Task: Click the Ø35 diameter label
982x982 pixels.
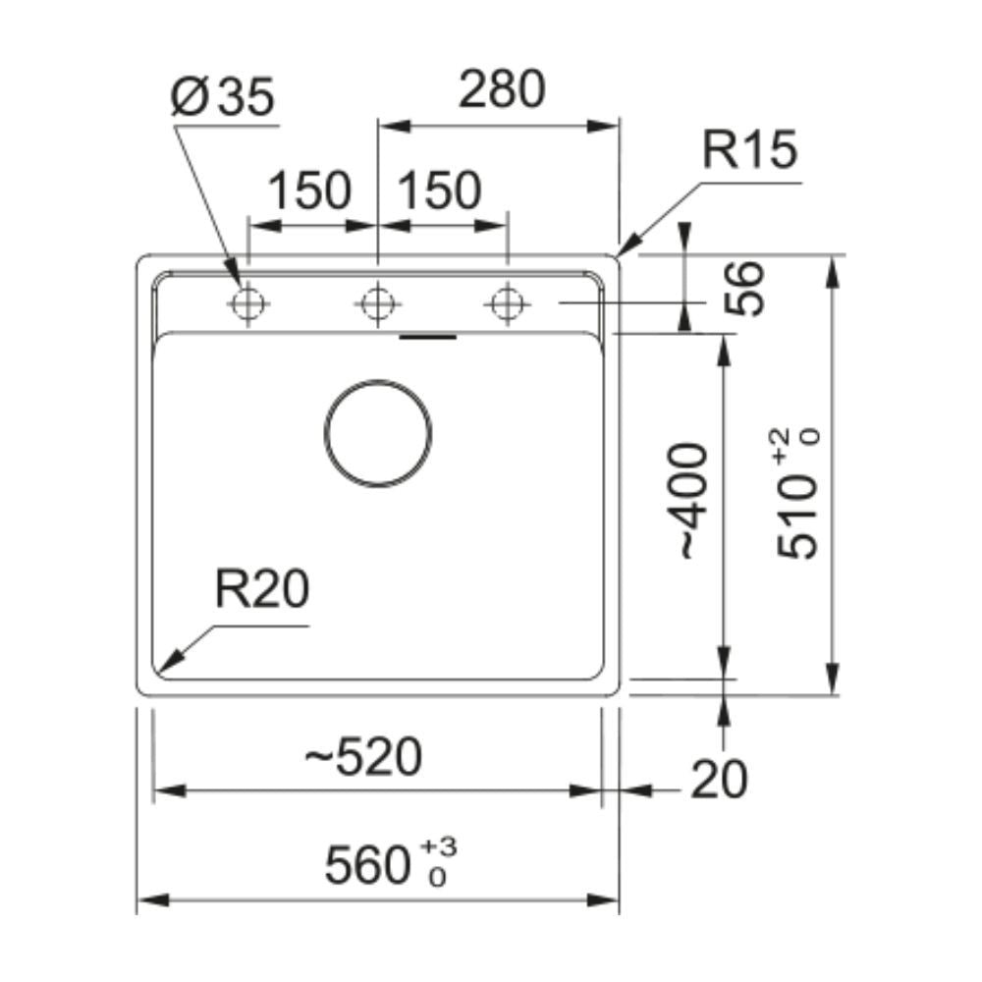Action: pyautogui.click(x=222, y=97)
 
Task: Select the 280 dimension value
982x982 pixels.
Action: pyautogui.click(x=502, y=89)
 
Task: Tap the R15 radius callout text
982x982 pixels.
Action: pyautogui.click(x=749, y=149)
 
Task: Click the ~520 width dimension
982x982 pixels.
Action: pyautogui.click(x=363, y=756)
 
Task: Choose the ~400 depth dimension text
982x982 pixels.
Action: pyautogui.click(x=692, y=501)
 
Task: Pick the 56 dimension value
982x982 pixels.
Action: pyautogui.click(x=744, y=289)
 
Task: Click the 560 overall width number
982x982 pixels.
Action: pyautogui.click(x=367, y=865)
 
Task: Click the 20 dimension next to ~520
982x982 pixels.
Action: pyautogui.click(x=719, y=780)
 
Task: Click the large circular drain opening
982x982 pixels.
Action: pyautogui.click(x=378, y=379)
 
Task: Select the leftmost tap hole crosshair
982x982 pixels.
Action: pyautogui.click(x=248, y=304)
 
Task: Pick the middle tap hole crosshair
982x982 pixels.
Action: pyautogui.click(x=378, y=304)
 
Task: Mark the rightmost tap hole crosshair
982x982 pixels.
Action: pyautogui.click(x=508, y=304)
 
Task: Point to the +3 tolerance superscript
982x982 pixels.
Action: pyautogui.click(x=438, y=846)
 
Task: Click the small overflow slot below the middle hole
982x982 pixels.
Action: pyautogui.click(x=428, y=337)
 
